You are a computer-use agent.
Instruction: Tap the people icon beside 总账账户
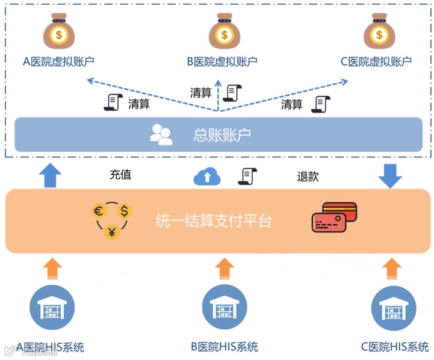pyautogui.click(x=161, y=134)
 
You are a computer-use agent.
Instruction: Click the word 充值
pyautogui.click(x=120, y=175)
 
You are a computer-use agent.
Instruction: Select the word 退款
pyautogui.click(x=308, y=176)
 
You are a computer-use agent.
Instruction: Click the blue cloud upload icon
pyautogui.click(x=207, y=176)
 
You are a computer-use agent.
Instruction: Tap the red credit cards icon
pyautogui.click(x=334, y=217)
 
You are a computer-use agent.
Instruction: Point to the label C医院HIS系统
pyautogui.click(x=395, y=347)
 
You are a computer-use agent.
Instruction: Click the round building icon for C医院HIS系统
pyautogui.click(x=394, y=308)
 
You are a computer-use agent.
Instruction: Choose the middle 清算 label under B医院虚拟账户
pyautogui.click(x=201, y=93)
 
